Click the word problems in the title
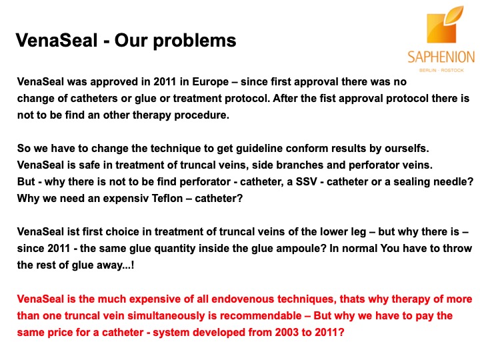(195, 41)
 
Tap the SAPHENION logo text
(441, 57)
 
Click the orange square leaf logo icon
(445, 25)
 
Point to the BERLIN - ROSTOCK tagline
(441, 71)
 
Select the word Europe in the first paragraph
(210, 82)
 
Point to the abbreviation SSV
(306, 182)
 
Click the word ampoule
(301, 248)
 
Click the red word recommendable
(261, 315)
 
